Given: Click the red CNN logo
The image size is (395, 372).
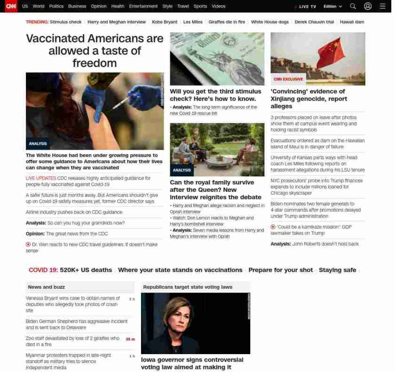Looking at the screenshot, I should click(10, 6).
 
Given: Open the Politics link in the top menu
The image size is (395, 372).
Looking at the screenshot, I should click(56, 7).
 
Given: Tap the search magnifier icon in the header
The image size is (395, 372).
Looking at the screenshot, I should click(353, 6).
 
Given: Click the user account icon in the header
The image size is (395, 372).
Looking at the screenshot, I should click(368, 6).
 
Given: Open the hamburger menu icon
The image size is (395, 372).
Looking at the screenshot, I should click(382, 6).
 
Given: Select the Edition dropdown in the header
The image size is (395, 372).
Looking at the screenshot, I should click(332, 7).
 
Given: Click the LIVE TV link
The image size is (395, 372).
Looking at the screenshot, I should click(306, 7).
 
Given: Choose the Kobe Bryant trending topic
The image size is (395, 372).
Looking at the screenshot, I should click(164, 22).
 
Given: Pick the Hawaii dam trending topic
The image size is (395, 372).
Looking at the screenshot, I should click(352, 22).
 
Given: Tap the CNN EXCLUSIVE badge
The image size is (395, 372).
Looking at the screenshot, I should click(288, 79).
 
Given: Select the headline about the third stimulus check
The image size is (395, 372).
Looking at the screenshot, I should click(215, 95).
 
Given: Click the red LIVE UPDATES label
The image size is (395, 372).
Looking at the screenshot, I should click(40, 178).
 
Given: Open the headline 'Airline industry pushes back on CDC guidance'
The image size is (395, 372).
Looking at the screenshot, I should click(74, 212).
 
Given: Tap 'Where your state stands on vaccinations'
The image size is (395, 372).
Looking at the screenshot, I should click(180, 270).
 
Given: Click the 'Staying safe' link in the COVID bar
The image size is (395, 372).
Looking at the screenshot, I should click(337, 270).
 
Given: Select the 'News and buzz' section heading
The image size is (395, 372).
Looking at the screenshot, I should click(46, 287).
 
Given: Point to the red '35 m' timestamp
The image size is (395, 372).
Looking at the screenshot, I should click(130, 339).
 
